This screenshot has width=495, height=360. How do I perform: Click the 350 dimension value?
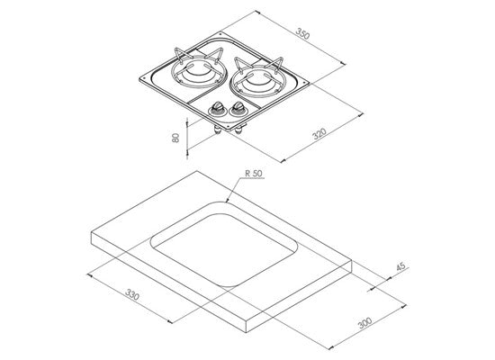click(x=303, y=34)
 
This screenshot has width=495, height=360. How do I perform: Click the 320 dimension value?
click(x=319, y=133)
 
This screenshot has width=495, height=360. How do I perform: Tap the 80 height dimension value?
click(x=175, y=138)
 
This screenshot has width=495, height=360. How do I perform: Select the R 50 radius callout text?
click(x=254, y=174)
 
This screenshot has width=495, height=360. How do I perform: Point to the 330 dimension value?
click(x=132, y=294)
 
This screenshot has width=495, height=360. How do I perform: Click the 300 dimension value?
click(x=365, y=323)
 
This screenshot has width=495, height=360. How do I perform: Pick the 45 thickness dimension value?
click(x=400, y=266)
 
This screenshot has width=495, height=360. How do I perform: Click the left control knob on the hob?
click(x=218, y=107)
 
